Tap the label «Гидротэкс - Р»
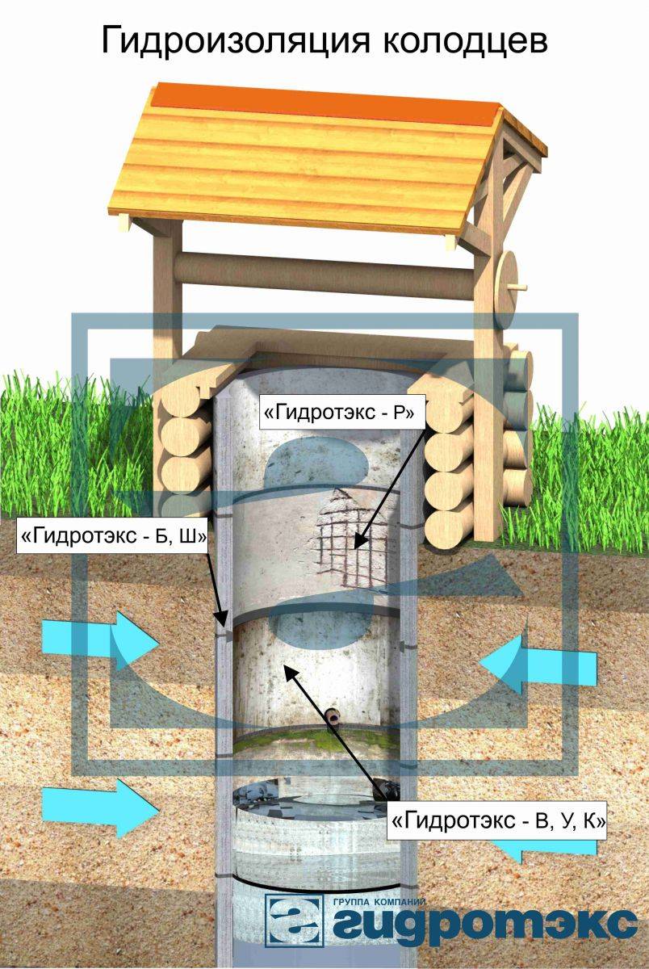(339, 413)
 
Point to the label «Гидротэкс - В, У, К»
(498, 822)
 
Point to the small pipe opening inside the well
(333, 715)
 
